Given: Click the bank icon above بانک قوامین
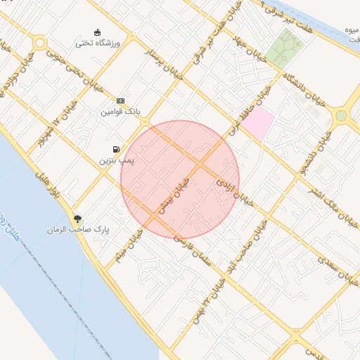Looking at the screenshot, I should pyautogui.click(x=120, y=101).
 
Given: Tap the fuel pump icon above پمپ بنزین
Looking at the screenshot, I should pyautogui.click(x=115, y=149).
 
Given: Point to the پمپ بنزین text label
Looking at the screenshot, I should pyautogui.click(x=115, y=161).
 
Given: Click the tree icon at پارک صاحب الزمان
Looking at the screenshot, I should pyautogui.click(x=78, y=219).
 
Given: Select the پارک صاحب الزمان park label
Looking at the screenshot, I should pyautogui.click(x=79, y=230).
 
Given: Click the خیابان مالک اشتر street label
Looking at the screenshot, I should pyautogui.click(x=340, y=212).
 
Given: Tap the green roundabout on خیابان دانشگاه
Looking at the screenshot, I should pyautogui.click(x=341, y=115).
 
